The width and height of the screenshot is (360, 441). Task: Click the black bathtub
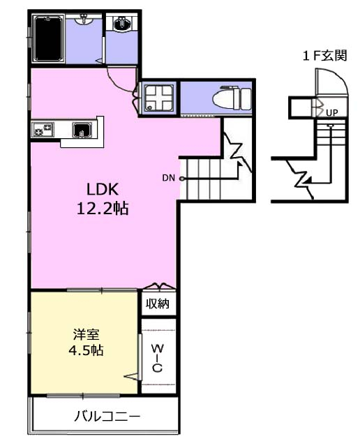[48, 38]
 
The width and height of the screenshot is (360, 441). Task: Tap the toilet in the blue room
[232, 98]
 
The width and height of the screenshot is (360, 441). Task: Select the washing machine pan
[158, 98]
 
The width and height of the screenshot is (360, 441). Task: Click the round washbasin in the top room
[122, 23]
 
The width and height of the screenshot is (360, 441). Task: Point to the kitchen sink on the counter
[82, 130]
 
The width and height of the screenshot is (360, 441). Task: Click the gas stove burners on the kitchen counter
[43, 130]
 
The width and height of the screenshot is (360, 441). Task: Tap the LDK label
[102, 189]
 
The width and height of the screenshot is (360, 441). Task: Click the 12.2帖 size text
[103, 209]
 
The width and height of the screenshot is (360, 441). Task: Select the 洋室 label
[86, 334]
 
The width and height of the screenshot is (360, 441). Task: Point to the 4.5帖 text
[86, 350]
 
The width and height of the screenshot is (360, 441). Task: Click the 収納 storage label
[158, 304]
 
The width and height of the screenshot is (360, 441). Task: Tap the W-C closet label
[158, 358]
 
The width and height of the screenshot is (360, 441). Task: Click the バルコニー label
[107, 416]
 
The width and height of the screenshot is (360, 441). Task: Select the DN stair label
[168, 178]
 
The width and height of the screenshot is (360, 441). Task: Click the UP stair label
[332, 113]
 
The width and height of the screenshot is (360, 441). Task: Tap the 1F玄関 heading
[325, 55]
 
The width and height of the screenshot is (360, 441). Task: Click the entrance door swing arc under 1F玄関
[341, 77]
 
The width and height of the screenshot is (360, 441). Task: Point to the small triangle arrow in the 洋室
[131, 376]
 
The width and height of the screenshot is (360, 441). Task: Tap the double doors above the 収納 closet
[160, 286]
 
